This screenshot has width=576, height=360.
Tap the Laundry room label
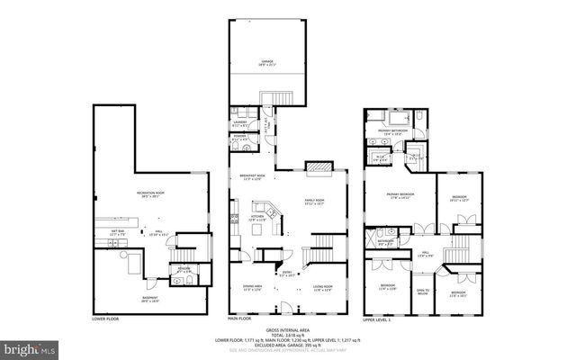241,123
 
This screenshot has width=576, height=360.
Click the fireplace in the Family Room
319,166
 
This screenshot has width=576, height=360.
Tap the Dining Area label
252,288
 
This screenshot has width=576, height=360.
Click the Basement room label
149,298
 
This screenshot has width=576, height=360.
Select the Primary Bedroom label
400,195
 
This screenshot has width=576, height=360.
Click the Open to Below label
422,291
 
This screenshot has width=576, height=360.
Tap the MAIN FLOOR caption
238,319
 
